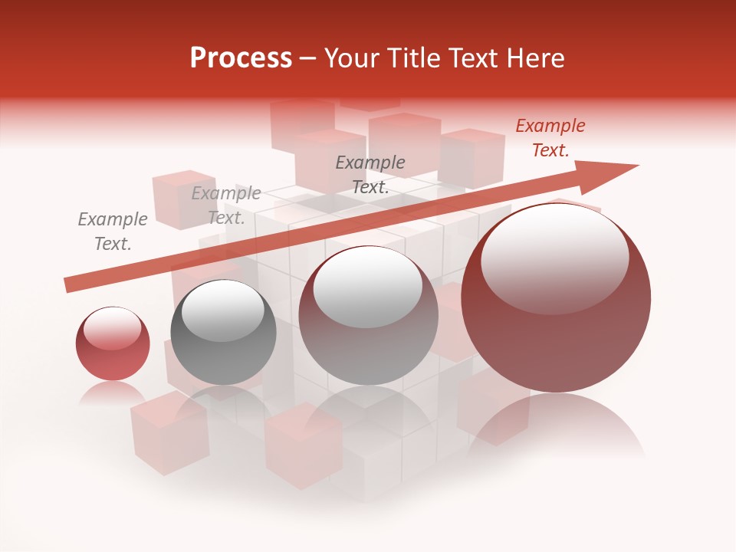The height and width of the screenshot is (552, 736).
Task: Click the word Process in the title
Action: (x=241, y=58)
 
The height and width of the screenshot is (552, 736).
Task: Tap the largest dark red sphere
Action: (x=556, y=307)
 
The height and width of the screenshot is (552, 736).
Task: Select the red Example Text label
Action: (x=550, y=138)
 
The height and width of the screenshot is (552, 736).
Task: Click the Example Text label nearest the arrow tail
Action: (x=113, y=232)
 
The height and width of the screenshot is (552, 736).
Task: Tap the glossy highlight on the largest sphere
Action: (x=554, y=257)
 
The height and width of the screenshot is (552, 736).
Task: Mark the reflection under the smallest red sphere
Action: (x=112, y=393)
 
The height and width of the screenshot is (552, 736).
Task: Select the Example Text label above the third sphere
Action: (x=370, y=175)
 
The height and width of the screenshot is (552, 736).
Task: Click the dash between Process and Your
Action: (x=307, y=58)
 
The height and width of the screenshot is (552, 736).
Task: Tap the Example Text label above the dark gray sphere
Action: (x=226, y=205)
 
